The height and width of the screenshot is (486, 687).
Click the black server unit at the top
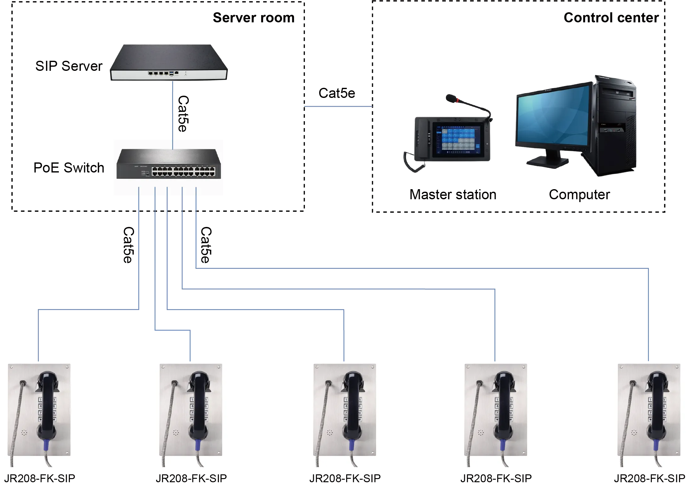[168, 61]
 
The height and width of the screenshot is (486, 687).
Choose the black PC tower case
[615, 126]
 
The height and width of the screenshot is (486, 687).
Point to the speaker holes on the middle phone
[329, 433]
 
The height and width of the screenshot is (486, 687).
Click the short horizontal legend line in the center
[337, 107]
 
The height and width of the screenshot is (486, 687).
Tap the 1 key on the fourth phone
[497, 400]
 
